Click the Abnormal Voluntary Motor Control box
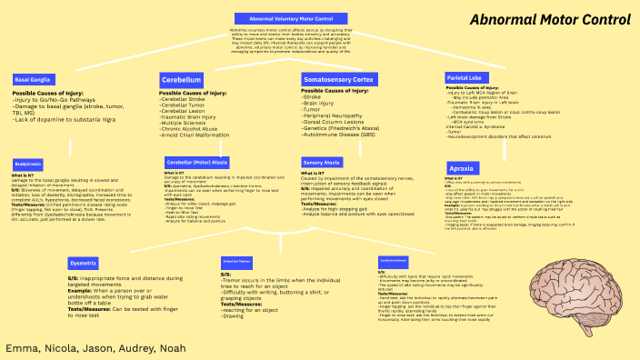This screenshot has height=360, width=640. point(290,18)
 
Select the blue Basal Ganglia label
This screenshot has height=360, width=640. point(32,80)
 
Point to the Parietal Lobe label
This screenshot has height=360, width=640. point(469,79)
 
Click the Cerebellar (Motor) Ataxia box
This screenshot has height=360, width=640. point(203,162)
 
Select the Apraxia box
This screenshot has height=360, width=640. point(461,169)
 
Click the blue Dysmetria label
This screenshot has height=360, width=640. point(83,249)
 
